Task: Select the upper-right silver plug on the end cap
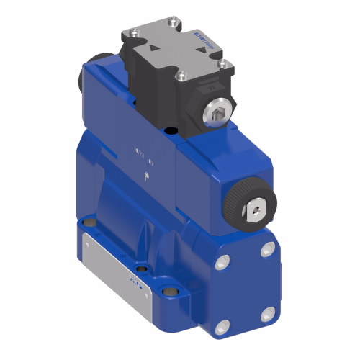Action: tap(269, 248)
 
